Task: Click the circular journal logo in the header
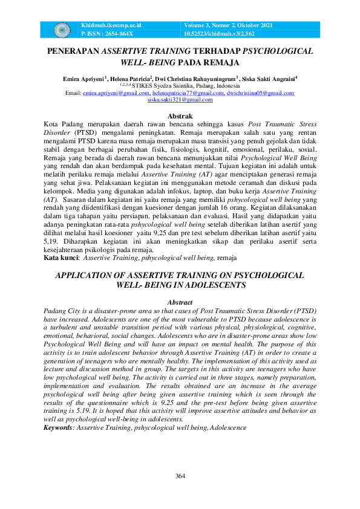(62, 29)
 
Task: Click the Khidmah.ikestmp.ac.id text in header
(111, 25)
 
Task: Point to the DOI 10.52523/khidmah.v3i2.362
(223, 34)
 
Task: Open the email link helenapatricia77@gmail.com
(184, 93)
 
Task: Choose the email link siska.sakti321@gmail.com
(180, 100)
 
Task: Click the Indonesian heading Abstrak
(180, 115)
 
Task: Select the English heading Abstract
(180, 302)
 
